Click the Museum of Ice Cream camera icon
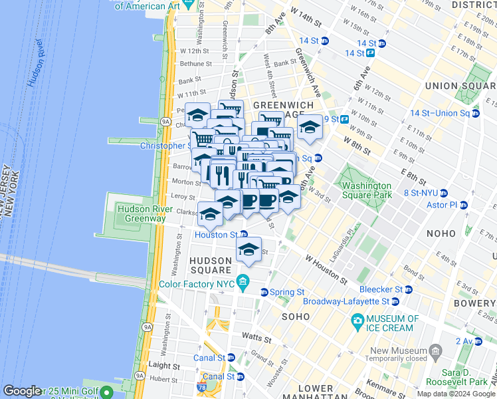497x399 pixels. click(357, 321)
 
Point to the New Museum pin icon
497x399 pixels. click(435, 350)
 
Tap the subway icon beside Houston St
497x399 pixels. click(244, 235)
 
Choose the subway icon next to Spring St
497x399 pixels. click(264, 292)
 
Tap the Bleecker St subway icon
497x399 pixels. click(408, 290)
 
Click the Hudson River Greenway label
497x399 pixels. click(141, 213)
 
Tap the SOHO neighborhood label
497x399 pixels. click(296, 317)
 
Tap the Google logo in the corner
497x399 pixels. click(23, 391)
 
